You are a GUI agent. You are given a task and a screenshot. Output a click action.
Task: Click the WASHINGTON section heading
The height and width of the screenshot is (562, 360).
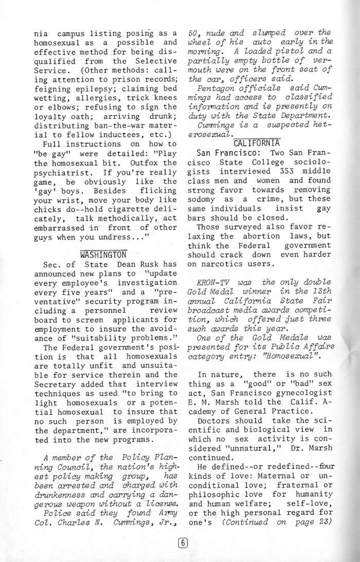coord(103,255)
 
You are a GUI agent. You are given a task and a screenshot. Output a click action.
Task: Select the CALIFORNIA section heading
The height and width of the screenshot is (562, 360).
coord(256,142)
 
